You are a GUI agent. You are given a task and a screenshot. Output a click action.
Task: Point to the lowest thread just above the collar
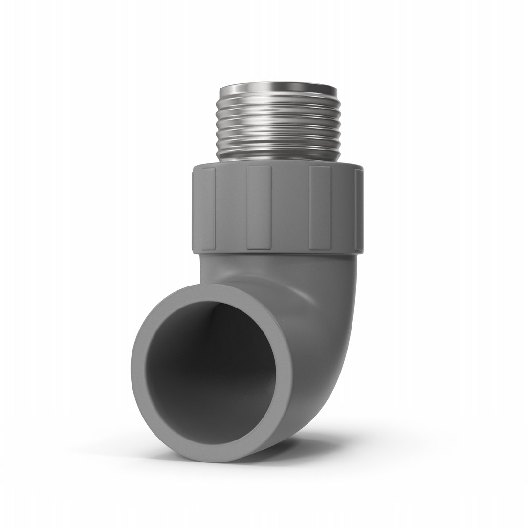277,155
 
